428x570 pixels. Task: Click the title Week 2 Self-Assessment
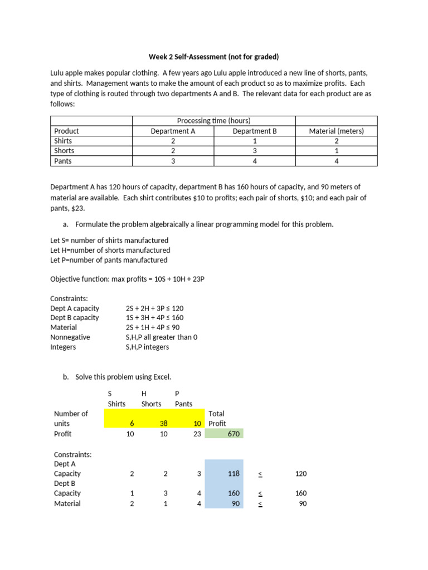click(x=213, y=57)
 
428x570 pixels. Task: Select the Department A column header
click(x=173, y=131)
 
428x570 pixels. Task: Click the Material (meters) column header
click(x=336, y=131)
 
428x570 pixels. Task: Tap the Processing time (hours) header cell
click(x=213, y=121)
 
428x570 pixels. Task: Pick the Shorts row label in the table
click(x=64, y=151)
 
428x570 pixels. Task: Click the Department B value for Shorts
click(x=254, y=151)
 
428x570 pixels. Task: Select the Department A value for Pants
click(x=173, y=161)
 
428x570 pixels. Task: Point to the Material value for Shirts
click(x=336, y=141)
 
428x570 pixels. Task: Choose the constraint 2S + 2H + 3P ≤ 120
click(x=154, y=308)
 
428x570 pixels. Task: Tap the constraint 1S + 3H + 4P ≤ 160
click(x=154, y=318)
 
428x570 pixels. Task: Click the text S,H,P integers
click(x=147, y=347)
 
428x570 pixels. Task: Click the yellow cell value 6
click(x=132, y=424)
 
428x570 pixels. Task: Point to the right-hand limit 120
click(x=300, y=474)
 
